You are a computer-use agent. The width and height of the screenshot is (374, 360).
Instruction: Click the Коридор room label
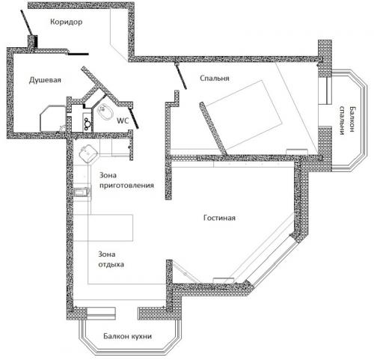pyautogui.click(x=66, y=22)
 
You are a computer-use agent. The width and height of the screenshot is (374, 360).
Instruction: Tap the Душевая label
pyautogui.click(x=45, y=80)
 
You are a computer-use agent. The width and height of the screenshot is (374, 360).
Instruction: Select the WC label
pyautogui.click(x=123, y=121)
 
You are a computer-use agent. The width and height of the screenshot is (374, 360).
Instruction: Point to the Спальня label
pyautogui.click(x=215, y=79)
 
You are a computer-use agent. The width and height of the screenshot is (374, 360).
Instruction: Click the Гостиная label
pyautogui.click(x=219, y=218)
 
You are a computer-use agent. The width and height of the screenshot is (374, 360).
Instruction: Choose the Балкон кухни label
pyautogui.click(x=128, y=336)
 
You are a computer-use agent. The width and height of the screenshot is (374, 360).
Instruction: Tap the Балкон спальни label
pyautogui.click(x=346, y=120)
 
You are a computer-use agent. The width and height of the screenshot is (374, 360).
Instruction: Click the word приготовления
pyautogui.click(x=126, y=186)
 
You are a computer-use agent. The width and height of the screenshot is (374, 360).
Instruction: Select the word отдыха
pyautogui.click(x=111, y=264)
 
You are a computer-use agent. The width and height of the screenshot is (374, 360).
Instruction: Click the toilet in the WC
pyautogui.click(x=103, y=111)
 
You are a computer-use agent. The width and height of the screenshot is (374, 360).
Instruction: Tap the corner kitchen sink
pyautogui.click(x=88, y=153)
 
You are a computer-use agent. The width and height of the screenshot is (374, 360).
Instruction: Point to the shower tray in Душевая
pyautogui.click(x=53, y=119)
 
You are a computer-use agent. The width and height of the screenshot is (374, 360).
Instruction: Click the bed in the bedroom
pyautogui.click(x=243, y=115)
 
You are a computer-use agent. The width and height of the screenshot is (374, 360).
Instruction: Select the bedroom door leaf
pyautogui.click(x=181, y=76)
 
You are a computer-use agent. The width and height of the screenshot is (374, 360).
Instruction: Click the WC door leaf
pyautogui.click(x=133, y=118)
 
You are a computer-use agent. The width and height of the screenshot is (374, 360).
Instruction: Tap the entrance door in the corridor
pyautogui.click(x=26, y=23)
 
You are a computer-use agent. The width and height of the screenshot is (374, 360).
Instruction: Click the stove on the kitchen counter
pyautogui.click(x=82, y=192)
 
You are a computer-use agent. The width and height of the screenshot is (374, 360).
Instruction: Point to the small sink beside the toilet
pyautogui.click(x=88, y=123)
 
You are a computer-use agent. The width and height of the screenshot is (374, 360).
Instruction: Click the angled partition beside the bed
pyautogui.click(x=213, y=129)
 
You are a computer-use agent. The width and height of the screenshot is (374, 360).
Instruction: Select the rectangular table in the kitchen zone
pyautogui.click(x=103, y=228)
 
